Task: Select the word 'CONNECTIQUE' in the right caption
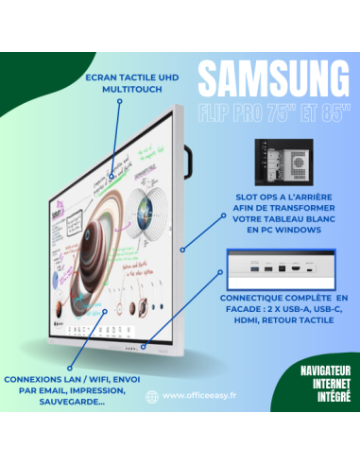252,296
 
